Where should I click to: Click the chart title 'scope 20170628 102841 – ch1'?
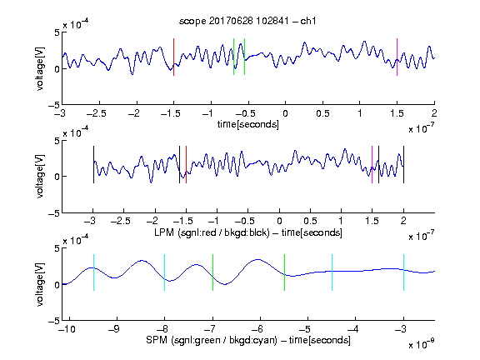click(x=247, y=21)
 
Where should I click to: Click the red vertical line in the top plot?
click(x=173, y=57)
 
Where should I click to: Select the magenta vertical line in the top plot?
click(x=397, y=57)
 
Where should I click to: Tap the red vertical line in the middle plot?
click(x=186, y=165)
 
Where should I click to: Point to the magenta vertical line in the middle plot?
click(x=372, y=165)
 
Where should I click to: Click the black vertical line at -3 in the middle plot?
click(x=93, y=165)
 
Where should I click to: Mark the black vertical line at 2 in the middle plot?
click(x=403, y=165)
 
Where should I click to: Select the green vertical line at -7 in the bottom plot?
click(x=212, y=272)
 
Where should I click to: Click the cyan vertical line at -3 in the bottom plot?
click(x=403, y=272)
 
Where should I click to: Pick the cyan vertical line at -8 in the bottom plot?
click(x=165, y=272)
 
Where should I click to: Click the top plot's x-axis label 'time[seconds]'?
click(x=248, y=124)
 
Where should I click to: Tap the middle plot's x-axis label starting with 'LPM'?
click(x=248, y=232)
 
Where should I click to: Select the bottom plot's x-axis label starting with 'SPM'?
click(x=248, y=340)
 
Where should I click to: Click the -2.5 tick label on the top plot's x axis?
click(x=96, y=113)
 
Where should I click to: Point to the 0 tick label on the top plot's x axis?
click(x=285, y=113)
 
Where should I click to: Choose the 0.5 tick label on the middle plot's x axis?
click(x=310, y=221)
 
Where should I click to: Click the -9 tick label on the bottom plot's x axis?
click(x=114, y=329)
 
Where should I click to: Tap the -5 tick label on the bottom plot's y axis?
click(x=54, y=321)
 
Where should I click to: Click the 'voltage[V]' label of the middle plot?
click(x=40, y=177)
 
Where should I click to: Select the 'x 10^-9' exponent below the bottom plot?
click(x=421, y=344)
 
